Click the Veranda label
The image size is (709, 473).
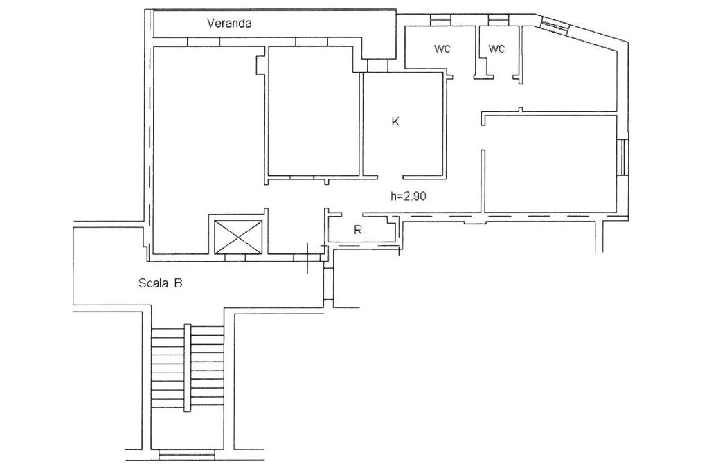pyautogui.click(x=229, y=23)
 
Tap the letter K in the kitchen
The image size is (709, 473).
pyautogui.click(x=395, y=121)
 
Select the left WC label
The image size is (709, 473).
pyautogui.click(x=442, y=48)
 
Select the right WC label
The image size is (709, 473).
pyautogui.click(x=496, y=48)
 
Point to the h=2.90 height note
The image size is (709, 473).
pyautogui.click(x=409, y=196)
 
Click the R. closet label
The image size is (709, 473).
pyautogui.click(x=359, y=230)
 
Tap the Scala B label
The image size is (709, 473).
pyautogui.click(x=160, y=283)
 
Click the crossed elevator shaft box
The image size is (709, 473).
pyautogui.click(x=238, y=236)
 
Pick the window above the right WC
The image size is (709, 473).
pyautogui.click(x=499, y=20)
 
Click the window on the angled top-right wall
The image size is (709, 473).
pyautogui.click(x=555, y=27)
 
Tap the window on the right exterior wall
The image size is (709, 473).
pyautogui.click(x=623, y=157)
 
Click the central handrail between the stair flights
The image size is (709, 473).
pyautogui.click(x=187, y=368)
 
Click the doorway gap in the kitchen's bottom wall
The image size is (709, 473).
pyautogui.click(x=391, y=177)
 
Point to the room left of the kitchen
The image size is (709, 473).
pyautogui.click(x=311, y=111)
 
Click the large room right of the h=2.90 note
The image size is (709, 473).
pyautogui.click(x=550, y=163)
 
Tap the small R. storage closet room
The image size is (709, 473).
pyautogui.click(x=361, y=229)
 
